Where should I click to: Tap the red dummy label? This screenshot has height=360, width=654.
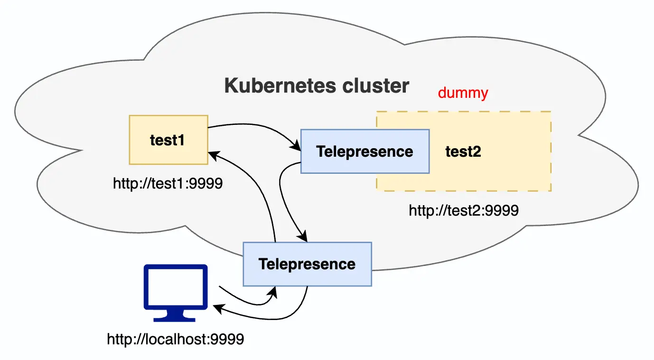tap(463, 93)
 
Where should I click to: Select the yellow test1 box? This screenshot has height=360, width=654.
tap(168, 140)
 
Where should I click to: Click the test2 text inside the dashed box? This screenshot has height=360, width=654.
tap(463, 152)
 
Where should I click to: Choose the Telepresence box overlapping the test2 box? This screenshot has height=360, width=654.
tap(364, 152)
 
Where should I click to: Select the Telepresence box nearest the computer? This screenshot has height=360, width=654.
tap(307, 264)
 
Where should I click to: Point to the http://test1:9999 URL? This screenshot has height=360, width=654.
tap(168, 184)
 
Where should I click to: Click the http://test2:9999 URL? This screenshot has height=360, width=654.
tap(463, 210)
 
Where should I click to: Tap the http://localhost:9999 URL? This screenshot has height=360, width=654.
tap(175, 339)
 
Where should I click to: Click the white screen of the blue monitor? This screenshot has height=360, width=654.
tap(175, 289)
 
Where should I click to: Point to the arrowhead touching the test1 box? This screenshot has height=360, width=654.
tap(214, 154)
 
